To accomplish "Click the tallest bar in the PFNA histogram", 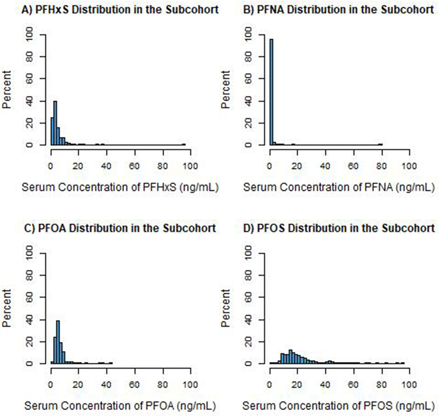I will pyautogui.click(x=271, y=92).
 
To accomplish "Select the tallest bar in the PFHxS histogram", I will pyautogui.click(x=55, y=123).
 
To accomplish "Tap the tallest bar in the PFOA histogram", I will pyautogui.click(x=58, y=342).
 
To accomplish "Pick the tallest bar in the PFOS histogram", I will pyautogui.click(x=291, y=357).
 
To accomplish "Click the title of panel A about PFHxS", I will pyautogui.click(x=120, y=10).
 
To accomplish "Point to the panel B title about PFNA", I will pyautogui.click(x=339, y=10).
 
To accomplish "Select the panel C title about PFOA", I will pyautogui.click(x=120, y=228).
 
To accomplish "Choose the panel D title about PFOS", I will pyautogui.click(x=339, y=228).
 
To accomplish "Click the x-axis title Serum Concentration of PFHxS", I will pyautogui.click(x=120, y=187).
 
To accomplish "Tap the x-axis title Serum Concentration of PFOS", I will pyautogui.click(x=339, y=406).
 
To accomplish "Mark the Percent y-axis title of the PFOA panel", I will pyautogui.click(x=6, y=308).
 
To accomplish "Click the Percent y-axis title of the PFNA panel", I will pyautogui.click(x=225, y=89).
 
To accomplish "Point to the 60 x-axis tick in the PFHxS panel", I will pyautogui.click(x=134, y=166).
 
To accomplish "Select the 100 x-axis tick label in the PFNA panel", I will pyautogui.click(x=409, y=166).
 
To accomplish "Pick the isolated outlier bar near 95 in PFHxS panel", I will pyautogui.click(x=184, y=144).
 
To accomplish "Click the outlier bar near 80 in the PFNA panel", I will pyautogui.click(x=380, y=144).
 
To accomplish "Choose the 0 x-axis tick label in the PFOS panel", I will pyautogui.click(x=270, y=385).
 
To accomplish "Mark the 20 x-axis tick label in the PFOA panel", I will pyautogui.click(x=78, y=385).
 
